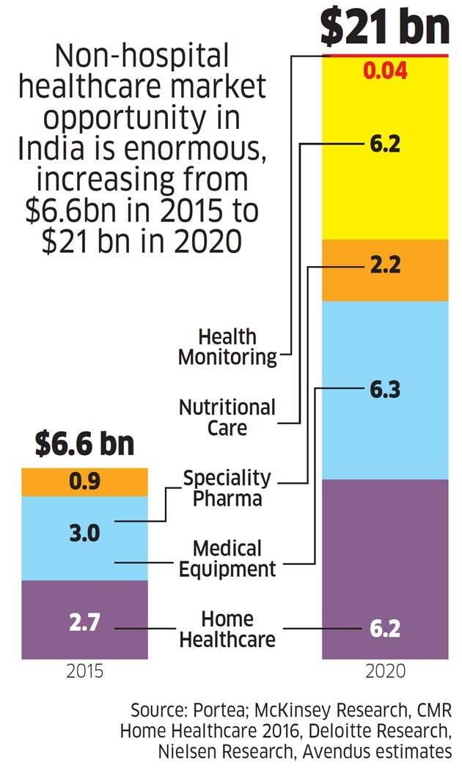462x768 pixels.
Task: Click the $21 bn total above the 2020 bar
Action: [384, 27]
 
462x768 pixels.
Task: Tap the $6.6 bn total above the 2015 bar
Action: [85, 444]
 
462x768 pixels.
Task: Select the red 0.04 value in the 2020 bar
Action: [385, 71]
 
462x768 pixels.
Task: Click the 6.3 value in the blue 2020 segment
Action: [385, 390]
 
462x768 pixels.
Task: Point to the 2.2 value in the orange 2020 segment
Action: [385, 265]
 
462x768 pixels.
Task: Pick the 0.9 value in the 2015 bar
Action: [85, 482]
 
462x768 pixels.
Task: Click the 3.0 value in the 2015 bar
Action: [85, 533]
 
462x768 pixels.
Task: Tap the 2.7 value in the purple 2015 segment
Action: [85, 626]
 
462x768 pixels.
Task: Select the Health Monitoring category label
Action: [227, 347]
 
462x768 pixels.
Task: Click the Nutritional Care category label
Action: [227, 417]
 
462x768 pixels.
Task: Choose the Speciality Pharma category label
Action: [227, 488]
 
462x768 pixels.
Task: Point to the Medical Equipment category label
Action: [227, 558]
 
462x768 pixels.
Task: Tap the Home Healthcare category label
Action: [227, 629]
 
